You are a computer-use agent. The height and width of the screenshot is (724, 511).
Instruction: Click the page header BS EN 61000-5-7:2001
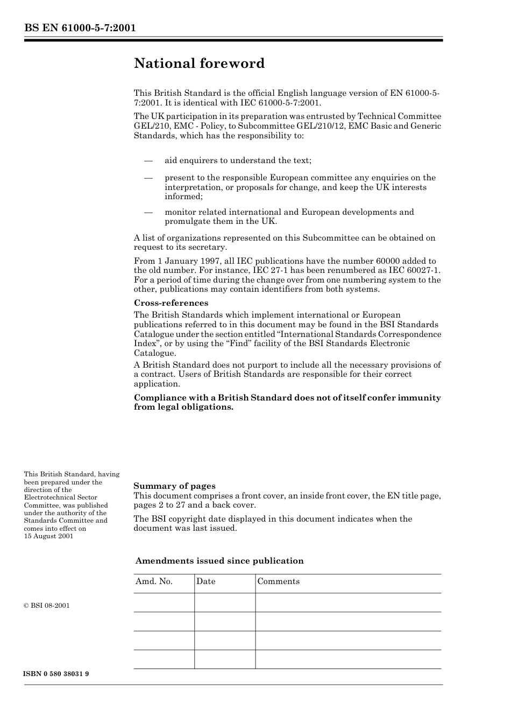(x=80, y=28)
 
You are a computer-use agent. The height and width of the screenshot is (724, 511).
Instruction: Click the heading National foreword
(x=199, y=64)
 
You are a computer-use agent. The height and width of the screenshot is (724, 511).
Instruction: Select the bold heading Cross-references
(x=171, y=303)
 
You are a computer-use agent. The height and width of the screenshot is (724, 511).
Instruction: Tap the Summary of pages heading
(x=174, y=486)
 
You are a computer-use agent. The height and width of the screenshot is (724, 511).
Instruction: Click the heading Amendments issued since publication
(x=219, y=561)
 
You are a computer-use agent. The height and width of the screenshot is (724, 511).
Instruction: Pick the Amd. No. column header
(x=154, y=581)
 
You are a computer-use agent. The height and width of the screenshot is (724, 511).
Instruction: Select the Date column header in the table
(x=205, y=581)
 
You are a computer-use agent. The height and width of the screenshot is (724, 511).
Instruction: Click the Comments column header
(x=278, y=581)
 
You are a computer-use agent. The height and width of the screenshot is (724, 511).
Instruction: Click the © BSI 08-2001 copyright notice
(x=47, y=606)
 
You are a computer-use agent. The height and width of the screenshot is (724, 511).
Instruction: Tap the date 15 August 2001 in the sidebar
(x=48, y=536)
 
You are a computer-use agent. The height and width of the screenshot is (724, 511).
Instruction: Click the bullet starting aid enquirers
(x=238, y=160)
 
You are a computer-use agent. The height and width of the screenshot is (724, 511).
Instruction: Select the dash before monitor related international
(x=148, y=212)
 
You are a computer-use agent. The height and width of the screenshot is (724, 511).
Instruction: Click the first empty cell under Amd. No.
(x=164, y=602)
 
